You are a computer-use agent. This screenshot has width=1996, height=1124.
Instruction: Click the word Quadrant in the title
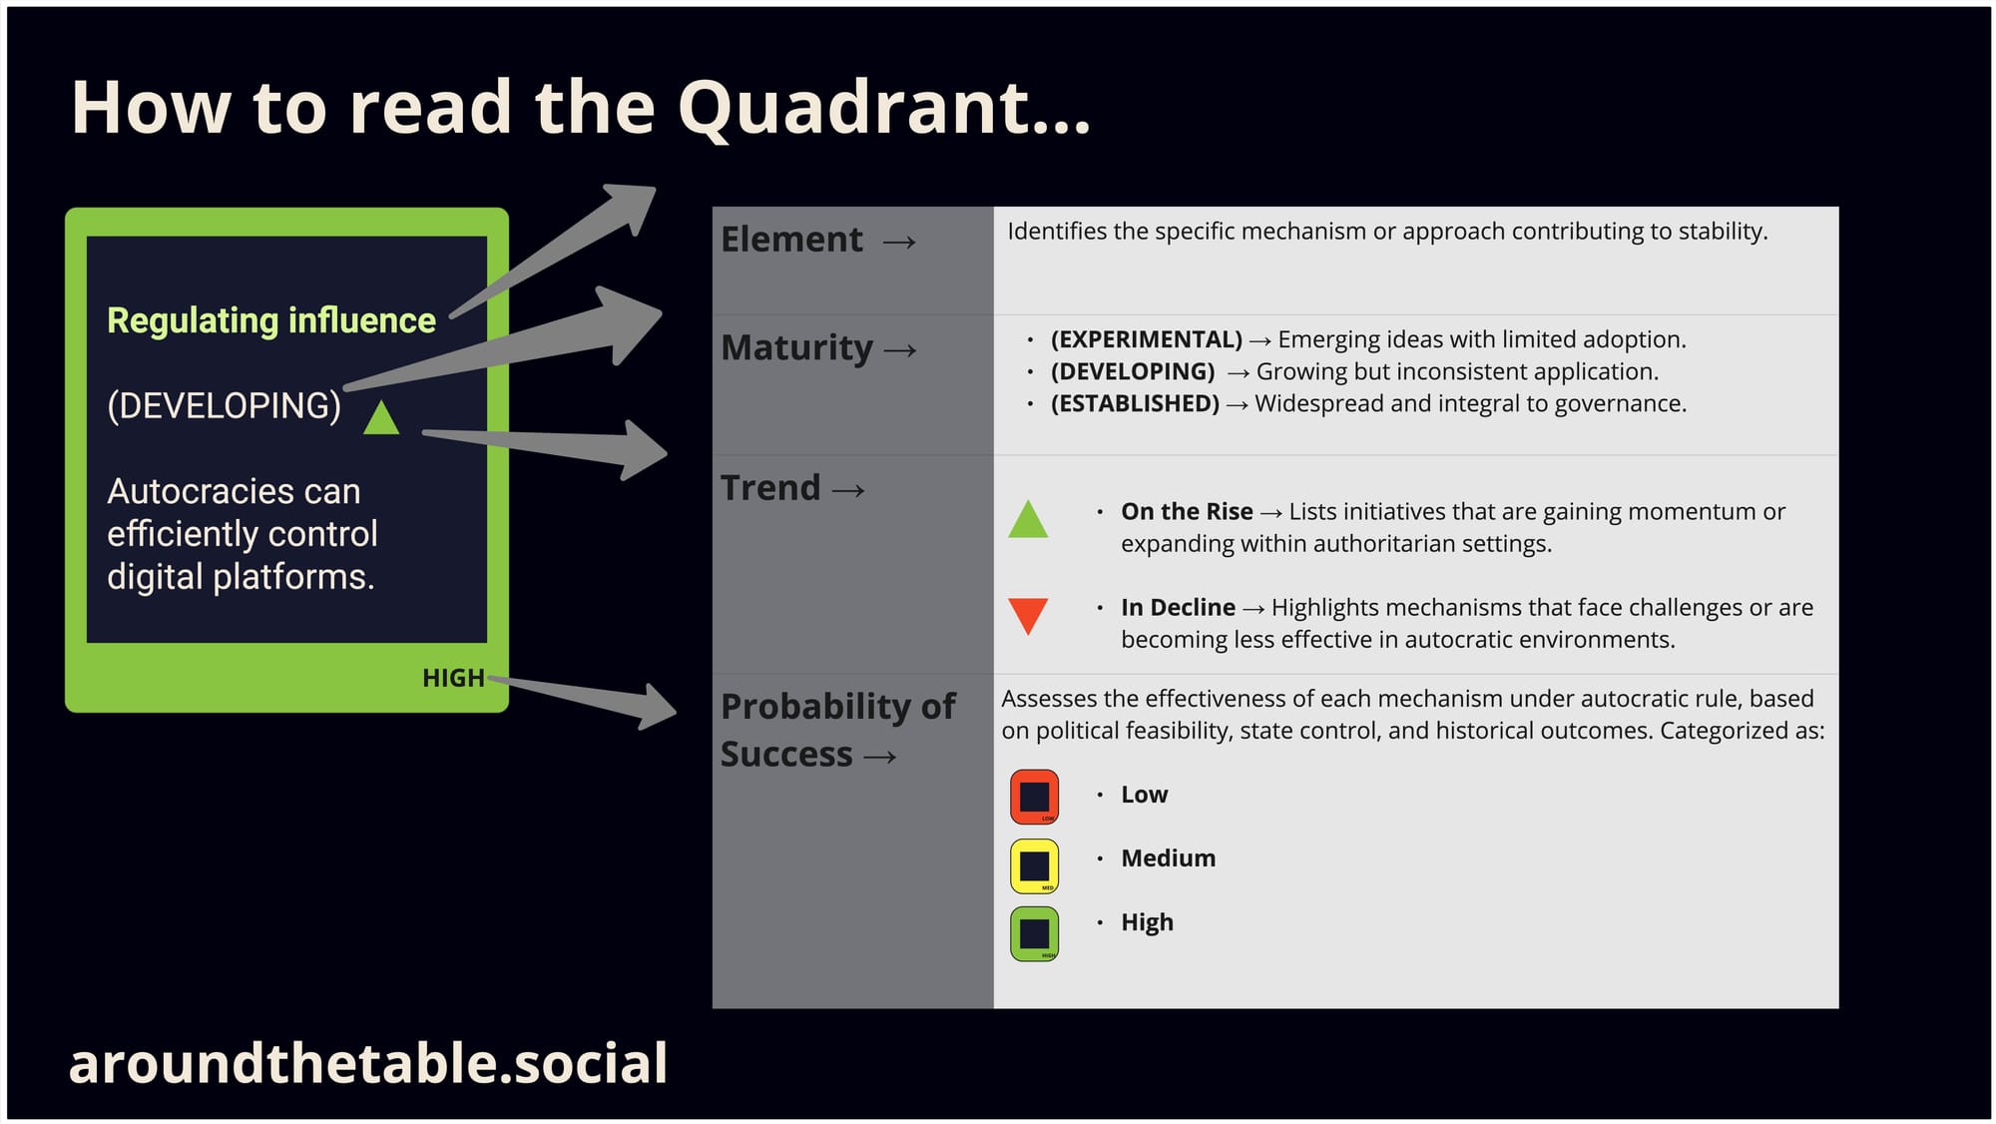coord(884,108)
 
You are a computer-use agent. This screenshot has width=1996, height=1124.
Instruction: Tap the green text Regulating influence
coord(271,320)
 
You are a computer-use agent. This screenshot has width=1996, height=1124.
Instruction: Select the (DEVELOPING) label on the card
coord(225,405)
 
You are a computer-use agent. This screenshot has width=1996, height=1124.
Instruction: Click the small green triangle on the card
coord(381,418)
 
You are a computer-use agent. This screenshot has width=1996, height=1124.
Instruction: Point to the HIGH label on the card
coord(453,678)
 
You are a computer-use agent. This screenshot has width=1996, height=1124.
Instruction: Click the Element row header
coord(792,240)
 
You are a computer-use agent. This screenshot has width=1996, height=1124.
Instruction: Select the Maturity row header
coord(797,347)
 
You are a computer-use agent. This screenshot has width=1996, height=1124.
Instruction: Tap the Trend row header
coord(771,488)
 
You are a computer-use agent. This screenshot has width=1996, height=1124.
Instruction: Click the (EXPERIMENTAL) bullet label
coord(1146,339)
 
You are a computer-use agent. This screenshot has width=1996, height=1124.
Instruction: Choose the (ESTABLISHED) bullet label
coord(1135,403)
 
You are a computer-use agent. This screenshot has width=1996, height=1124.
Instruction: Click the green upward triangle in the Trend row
coord(1028,519)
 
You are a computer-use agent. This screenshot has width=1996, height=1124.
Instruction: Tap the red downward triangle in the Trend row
coord(1028,615)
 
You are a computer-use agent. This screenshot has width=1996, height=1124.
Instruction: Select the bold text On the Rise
coord(1187,511)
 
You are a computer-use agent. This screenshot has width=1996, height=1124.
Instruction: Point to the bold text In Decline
coord(1178,607)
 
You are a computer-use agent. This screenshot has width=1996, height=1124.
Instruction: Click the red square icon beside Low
coord(1034,797)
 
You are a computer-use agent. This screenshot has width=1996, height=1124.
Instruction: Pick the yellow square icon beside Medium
coord(1034,865)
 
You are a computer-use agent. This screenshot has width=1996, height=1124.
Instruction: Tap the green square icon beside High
coord(1034,933)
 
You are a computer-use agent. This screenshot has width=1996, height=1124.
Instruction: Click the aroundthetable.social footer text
coord(368,1063)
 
